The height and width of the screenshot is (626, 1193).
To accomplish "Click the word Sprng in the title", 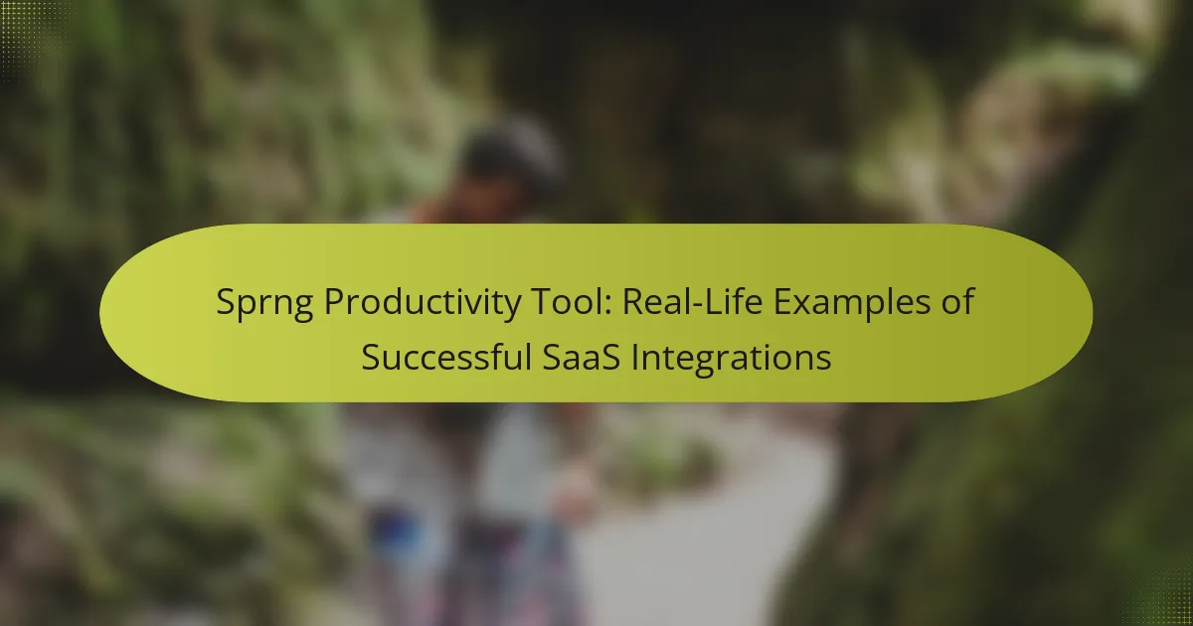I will click(x=260, y=305).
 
